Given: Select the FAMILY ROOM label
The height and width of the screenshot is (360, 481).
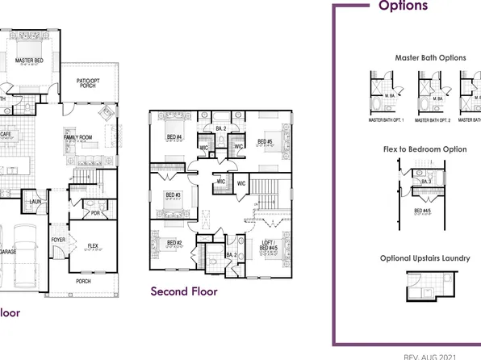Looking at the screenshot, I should tap(79, 138).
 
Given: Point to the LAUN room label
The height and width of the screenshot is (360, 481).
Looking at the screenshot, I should tap(36, 202).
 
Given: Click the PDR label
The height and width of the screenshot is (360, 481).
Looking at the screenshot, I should tap(95, 214).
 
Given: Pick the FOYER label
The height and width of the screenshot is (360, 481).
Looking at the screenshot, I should tap(59, 240).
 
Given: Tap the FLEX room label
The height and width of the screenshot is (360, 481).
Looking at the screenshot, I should tap(94, 245).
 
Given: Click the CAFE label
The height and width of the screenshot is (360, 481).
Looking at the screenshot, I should tap(5, 134).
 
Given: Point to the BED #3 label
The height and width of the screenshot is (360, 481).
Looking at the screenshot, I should tap(172, 195).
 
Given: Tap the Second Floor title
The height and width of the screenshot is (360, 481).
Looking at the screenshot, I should tap(184, 291).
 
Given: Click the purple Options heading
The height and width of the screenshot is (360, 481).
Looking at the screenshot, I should tap(403, 6).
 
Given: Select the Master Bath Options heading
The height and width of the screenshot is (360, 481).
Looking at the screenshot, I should tap(430, 58).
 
